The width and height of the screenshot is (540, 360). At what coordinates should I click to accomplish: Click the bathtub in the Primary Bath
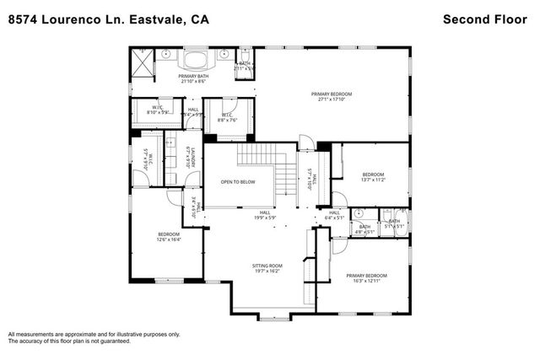click(x=195, y=59)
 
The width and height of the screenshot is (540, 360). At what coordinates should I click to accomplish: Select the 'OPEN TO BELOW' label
click(x=238, y=181)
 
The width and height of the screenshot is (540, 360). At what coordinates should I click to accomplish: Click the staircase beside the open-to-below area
click(x=268, y=168)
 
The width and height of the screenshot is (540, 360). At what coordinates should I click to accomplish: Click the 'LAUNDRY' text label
click(x=193, y=157)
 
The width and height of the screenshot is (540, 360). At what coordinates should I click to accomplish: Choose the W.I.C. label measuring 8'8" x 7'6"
click(x=228, y=118)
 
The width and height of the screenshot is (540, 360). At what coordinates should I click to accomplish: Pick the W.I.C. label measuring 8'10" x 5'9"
click(x=157, y=109)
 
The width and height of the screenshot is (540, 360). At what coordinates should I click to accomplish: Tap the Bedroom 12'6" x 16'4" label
click(x=169, y=236)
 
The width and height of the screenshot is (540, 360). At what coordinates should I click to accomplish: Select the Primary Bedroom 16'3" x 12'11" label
click(x=365, y=278)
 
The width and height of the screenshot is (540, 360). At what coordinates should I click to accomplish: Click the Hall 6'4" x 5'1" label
click(x=334, y=215)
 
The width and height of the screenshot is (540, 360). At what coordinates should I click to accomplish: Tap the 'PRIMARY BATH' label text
click(x=193, y=78)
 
